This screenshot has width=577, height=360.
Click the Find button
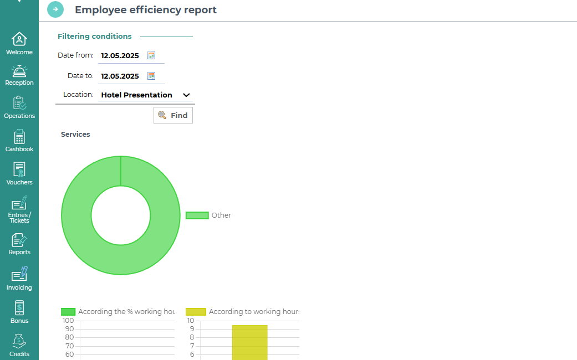pyautogui.click(x=173, y=115)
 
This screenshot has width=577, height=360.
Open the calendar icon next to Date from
pyautogui.click(x=151, y=55)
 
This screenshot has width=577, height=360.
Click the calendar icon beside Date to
pyautogui.click(x=151, y=76)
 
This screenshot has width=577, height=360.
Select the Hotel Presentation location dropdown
pyautogui.click(x=146, y=95)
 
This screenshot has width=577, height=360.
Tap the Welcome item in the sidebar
pyautogui.click(x=19, y=44)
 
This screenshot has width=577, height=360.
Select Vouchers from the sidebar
pyautogui.click(x=19, y=173)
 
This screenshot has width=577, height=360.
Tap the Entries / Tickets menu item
pyautogui.click(x=19, y=210)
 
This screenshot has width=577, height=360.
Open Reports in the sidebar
pyautogui.click(x=19, y=244)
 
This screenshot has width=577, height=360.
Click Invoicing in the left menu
pyautogui.click(x=19, y=279)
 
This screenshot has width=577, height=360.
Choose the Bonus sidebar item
pyautogui.click(x=19, y=312)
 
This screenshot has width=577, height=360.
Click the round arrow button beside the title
pyautogui.click(x=55, y=9)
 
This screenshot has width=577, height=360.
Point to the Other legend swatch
pyautogui.click(x=197, y=215)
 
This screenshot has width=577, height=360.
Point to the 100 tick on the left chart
pyautogui.click(x=68, y=321)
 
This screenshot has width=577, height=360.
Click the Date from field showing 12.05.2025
pyautogui.click(x=120, y=55)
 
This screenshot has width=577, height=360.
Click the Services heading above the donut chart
pyautogui.click(x=75, y=135)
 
